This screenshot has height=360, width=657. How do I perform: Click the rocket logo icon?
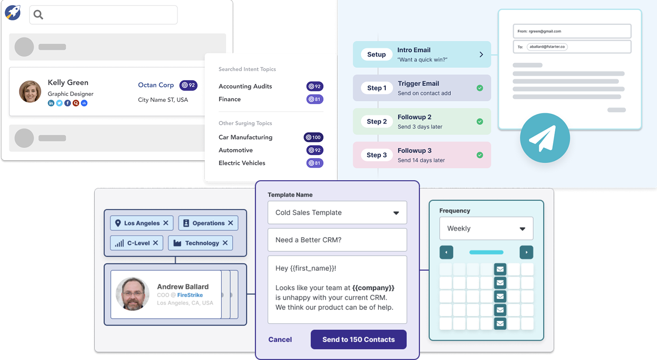[13, 12]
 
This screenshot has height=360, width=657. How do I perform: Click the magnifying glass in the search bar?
[38, 14]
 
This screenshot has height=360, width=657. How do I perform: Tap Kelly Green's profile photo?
[30, 91]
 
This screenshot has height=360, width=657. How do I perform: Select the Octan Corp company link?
[156, 85]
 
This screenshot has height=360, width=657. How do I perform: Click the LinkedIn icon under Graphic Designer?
[51, 103]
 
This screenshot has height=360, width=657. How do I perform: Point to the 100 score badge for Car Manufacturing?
[313, 137]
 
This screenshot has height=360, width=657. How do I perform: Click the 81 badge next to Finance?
[315, 99]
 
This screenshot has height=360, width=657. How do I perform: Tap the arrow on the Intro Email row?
[481, 54]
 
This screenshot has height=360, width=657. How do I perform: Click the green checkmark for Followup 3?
[480, 155]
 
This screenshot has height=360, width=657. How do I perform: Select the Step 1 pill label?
[377, 88]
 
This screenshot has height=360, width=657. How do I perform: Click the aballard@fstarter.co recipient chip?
[547, 47]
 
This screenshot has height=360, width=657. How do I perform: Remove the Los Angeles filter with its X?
[166, 223]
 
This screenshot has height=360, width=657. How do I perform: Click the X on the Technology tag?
[225, 243]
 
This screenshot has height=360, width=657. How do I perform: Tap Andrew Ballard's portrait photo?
[133, 294]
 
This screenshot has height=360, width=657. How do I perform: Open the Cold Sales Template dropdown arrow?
[396, 213]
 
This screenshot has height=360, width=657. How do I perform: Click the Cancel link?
[280, 340]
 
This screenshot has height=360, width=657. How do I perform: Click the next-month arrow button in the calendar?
[526, 252]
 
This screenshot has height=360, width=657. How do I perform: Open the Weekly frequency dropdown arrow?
[522, 229]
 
